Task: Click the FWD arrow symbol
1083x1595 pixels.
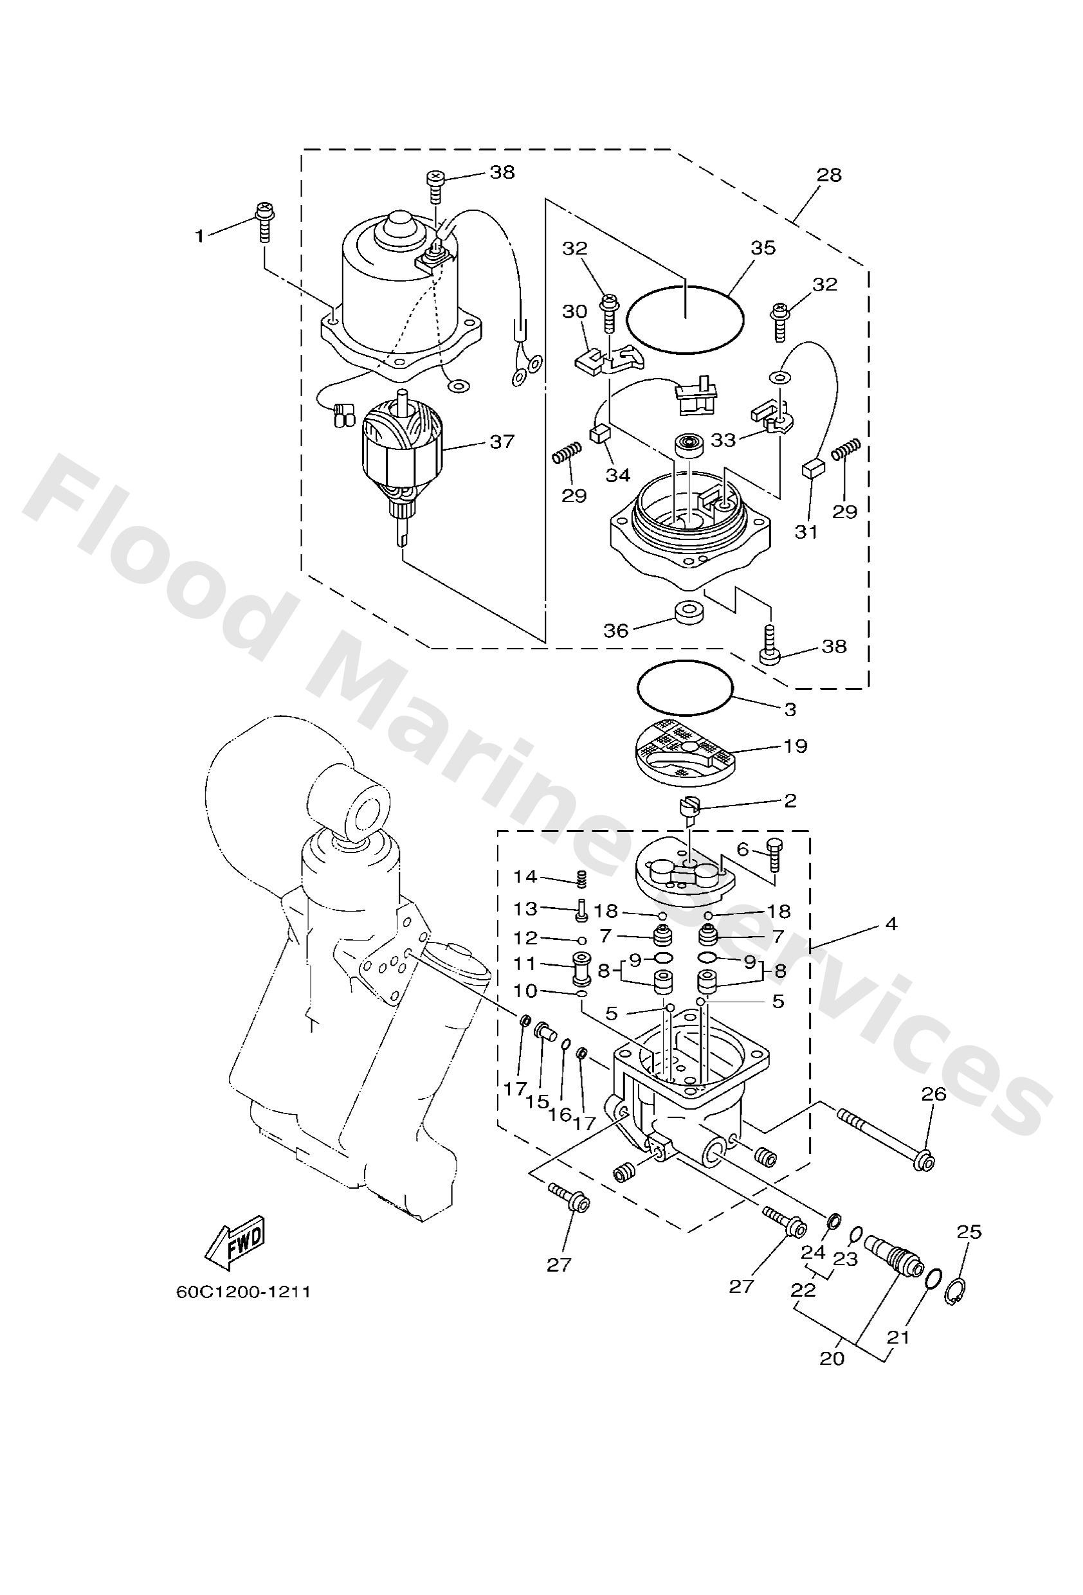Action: point(235,1242)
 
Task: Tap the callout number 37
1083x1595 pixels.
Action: point(502,441)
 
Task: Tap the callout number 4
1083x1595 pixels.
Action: point(890,924)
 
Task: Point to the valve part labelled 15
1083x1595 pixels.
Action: point(546,1049)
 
